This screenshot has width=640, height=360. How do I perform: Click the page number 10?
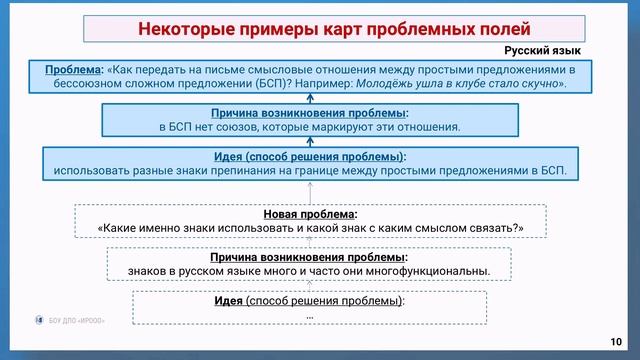616,340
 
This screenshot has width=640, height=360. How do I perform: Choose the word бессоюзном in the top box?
102,84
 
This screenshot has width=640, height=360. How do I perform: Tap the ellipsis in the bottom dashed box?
310,315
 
